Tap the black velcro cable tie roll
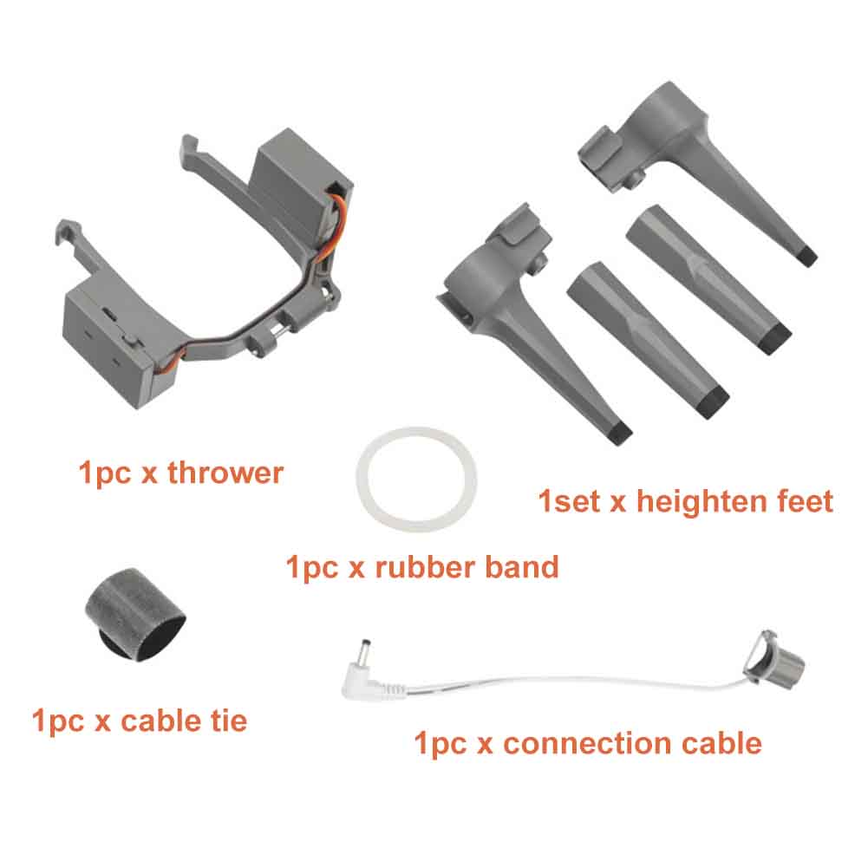pos(135,614)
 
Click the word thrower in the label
pos(225,473)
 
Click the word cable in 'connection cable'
pos(721,743)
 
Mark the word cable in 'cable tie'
pos(160,721)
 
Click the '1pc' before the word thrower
pos(105,473)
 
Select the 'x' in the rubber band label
pos(356,569)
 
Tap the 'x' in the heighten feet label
pos(617,504)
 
